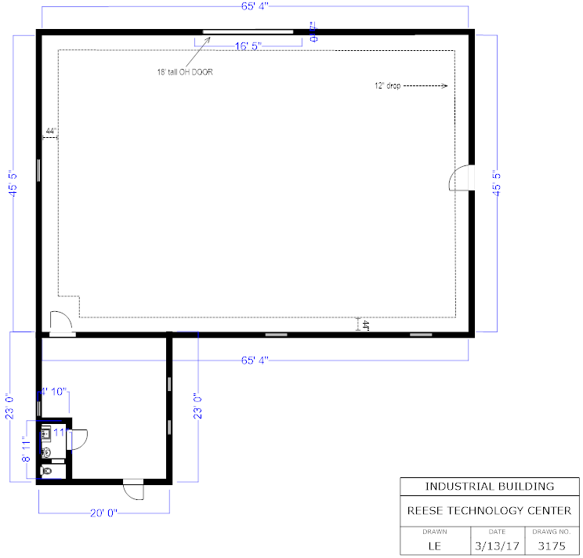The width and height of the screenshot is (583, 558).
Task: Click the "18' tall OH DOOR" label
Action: click(x=185, y=72)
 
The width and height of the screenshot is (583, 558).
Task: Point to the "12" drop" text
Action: click(x=387, y=86)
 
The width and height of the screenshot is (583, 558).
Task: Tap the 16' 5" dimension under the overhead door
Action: click(x=247, y=46)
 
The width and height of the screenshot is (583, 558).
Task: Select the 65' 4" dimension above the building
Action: click(x=255, y=6)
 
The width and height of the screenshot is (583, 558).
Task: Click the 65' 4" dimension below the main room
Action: click(x=256, y=361)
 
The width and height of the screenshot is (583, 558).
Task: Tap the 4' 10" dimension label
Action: click(x=56, y=390)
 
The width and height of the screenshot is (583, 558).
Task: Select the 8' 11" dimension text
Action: click(x=26, y=450)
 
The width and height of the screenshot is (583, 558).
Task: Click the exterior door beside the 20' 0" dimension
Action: click(x=134, y=491)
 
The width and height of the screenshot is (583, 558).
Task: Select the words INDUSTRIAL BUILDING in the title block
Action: click(x=489, y=486)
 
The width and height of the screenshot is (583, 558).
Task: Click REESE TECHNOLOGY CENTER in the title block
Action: click(x=489, y=510)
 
